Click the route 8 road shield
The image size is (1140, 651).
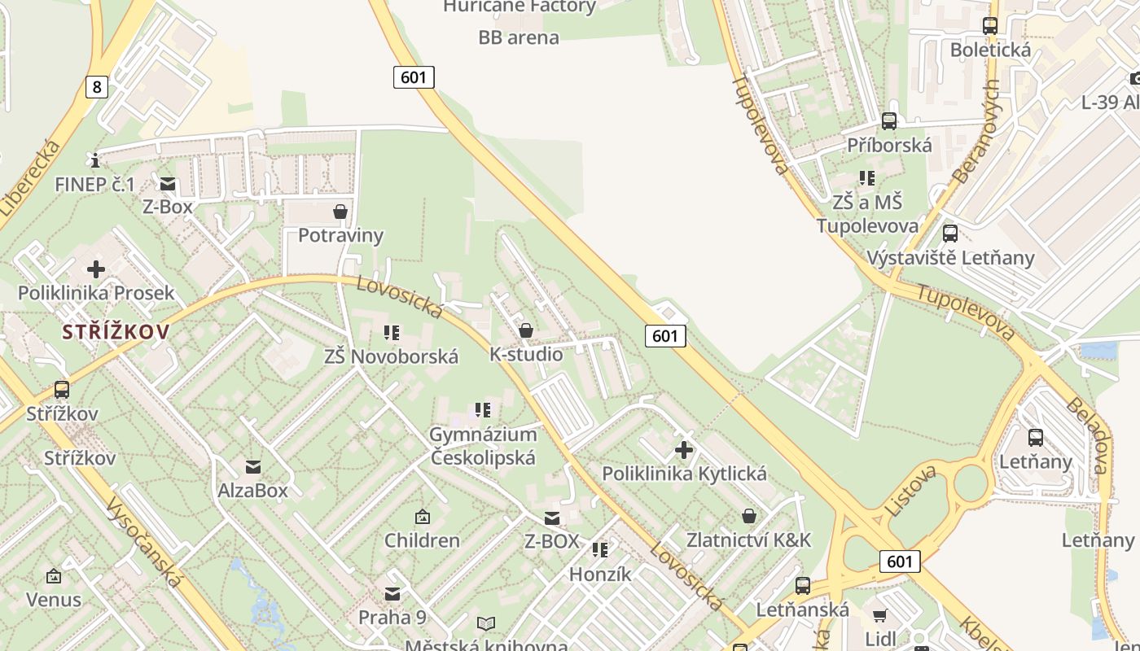pos(96,86)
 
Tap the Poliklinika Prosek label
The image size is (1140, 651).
pos(96,293)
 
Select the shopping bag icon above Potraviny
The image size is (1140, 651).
pos(340,212)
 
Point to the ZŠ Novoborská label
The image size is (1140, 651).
pos(391,356)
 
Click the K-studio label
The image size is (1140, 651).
pos(526,354)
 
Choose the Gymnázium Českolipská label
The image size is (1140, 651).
pos(483,446)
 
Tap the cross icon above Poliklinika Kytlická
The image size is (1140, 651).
pos(684,449)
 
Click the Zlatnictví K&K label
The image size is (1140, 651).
pos(748,540)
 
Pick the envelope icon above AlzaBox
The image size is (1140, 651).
pos(253,467)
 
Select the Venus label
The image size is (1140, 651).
pos(54,600)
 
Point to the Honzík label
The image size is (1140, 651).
pos(600,574)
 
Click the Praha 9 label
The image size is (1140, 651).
pos(392,617)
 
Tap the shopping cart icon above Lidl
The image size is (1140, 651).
pos(879,614)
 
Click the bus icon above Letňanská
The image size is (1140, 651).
pos(803,585)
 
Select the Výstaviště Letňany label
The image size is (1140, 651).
pos(950,258)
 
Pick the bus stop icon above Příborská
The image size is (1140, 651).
pos(889,121)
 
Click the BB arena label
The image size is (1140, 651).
pos(519,37)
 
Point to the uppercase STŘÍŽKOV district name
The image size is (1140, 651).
pos(116,331)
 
